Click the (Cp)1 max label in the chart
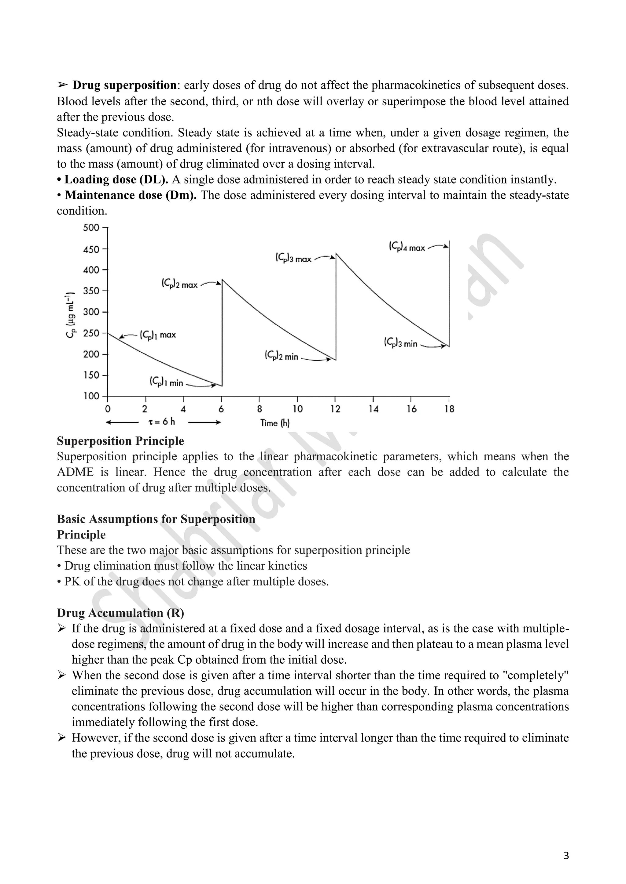tap(157, 335)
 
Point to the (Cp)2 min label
tap(282, 356)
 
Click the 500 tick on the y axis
tap(91, 227)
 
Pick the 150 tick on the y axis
tap(91, 375)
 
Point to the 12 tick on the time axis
tap(335, 409)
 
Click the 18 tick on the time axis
tap(449, 409)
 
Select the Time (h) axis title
tap(275, 423)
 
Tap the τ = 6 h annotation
tap(162, 422)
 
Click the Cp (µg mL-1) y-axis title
tap(70, 315)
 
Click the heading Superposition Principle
tap(120, 441)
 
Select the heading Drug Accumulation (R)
tap(120, 613)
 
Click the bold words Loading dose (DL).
tap(116, 179)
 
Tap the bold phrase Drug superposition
tap(124, 85)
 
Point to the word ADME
tap(75, 472)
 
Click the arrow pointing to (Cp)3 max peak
tap(325, 257)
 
